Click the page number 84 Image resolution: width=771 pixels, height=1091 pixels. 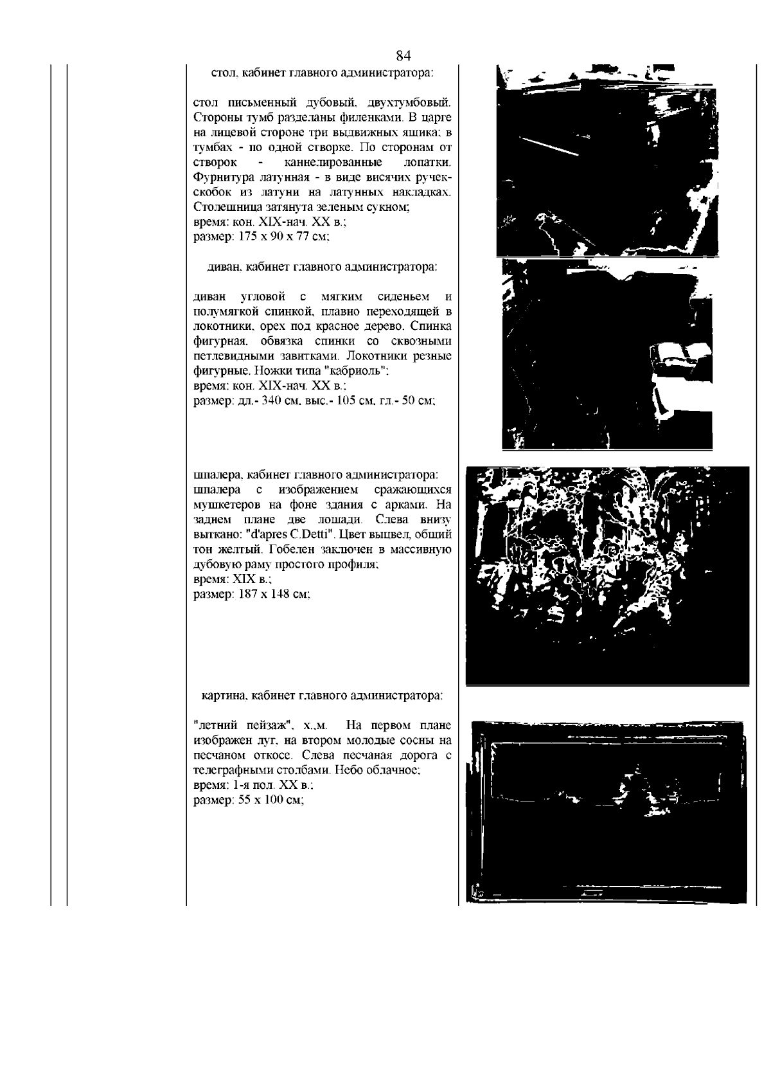click(403, 55)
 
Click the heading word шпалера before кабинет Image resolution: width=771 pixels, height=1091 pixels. click(218, 474)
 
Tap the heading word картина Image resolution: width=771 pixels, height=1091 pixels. click(224, 696)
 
